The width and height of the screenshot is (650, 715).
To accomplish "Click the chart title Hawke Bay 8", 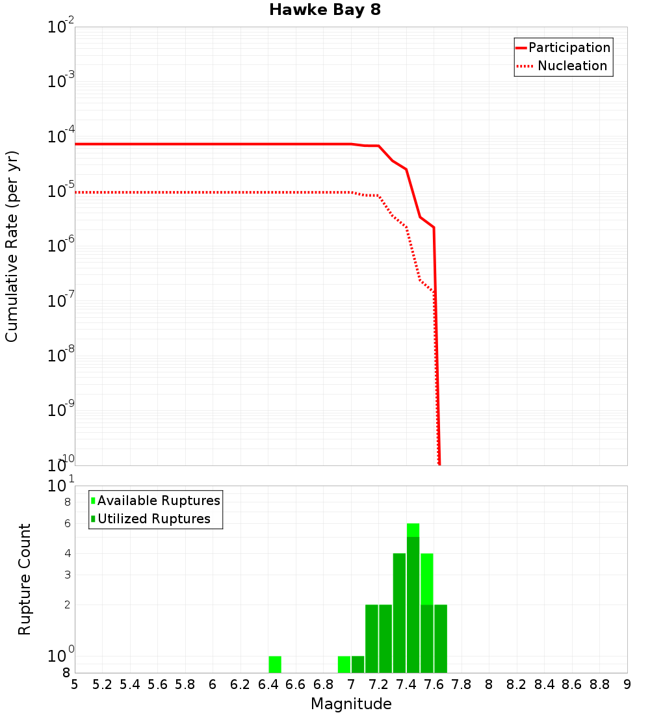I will click(x=324, y=10).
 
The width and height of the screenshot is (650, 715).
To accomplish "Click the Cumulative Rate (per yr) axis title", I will click(x=12, y=246).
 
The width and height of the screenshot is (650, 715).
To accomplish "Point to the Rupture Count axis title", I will click(x=25, y=579).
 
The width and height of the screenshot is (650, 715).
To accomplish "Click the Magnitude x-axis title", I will click(x=351, y=704).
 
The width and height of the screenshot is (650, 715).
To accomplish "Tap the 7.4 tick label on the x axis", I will click(x=406, y=684).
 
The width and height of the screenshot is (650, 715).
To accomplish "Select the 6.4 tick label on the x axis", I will click(x=268, y=684).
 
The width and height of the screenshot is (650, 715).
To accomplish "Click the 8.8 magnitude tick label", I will click(x=599, y=684).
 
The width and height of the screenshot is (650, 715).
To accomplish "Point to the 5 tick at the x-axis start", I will click(x=75, y=684).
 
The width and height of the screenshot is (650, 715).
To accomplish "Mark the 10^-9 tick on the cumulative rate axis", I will click(x=61, y=410).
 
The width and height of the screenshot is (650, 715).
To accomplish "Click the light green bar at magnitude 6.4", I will click(x=275, y=664).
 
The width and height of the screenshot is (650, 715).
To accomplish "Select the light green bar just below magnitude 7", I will click(x=344, y=664).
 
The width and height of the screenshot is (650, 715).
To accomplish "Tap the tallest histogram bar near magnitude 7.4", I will click(x=413, y=598).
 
